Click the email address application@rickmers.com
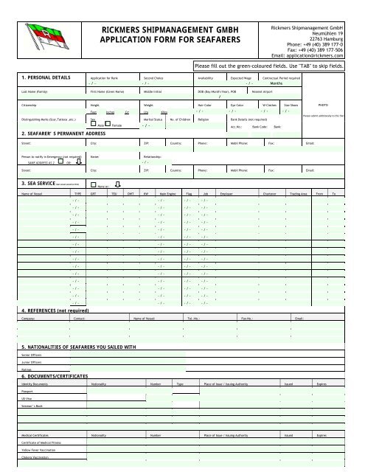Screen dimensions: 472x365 pos(325,55)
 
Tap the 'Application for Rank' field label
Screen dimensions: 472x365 pos(105,77)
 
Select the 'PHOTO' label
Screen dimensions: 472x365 pos(323,105)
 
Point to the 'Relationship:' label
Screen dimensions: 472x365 pos(154,156)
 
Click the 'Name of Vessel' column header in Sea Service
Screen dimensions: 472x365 pos(37,192)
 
